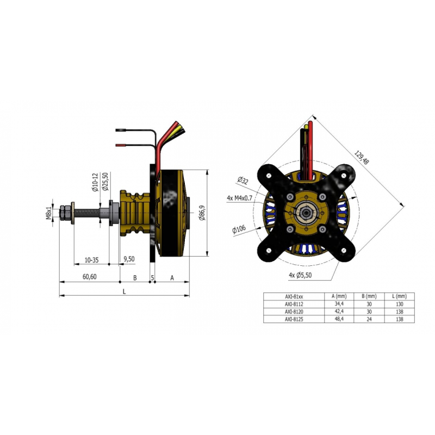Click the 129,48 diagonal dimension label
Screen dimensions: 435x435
(x=361, y=158)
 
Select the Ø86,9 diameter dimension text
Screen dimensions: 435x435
(x=202, y=213)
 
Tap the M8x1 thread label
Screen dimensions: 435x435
(x=49, y=213)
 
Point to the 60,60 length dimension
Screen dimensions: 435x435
(x=90, y=277)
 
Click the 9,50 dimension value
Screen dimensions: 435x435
(x=129, y=259)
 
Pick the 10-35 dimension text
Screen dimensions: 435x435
(x=91, y=260)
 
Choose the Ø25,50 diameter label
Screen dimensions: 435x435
(x=105, y=182)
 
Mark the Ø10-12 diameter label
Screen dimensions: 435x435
(x=95, y=182)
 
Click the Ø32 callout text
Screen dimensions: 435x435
(x=243, y=181)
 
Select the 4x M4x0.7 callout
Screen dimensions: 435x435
(x=239, y=198)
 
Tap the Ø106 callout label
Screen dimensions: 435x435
(x=239, y=229)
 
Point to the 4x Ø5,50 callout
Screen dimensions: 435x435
(x=300, y=275)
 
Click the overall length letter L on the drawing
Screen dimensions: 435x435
(x=125, y=291)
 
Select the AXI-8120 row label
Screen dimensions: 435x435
(x=294, y=312)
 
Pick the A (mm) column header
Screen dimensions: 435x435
(x=339, y=296)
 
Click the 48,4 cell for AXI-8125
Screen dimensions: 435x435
(x=339, y=319)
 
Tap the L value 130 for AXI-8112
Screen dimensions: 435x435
(x=400, y=304)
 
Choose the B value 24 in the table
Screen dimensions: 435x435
(x=369, y=319)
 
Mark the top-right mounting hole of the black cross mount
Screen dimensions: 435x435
(x=344, y=175)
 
